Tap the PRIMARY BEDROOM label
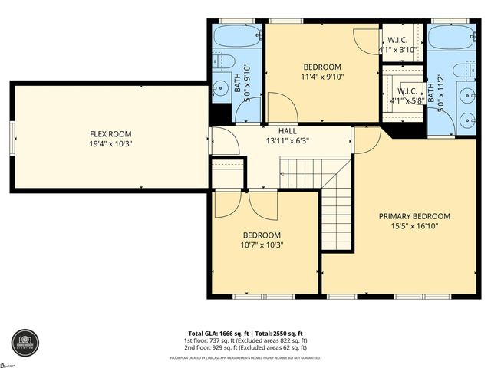pyautogui.click(x=414, y=216)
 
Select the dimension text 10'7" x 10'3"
pyautogui.click(x=262, y=245)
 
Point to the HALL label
pyautogui.click(x=266, y=131)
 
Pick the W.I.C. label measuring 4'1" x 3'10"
pyautogui.click(x=397, y=40)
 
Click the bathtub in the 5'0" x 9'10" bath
pyautogui.click(x=237, y=37)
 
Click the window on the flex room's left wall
pyautogui.click(x=12, y=138)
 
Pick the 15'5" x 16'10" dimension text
pyautogui.click(x=414, y=226)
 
